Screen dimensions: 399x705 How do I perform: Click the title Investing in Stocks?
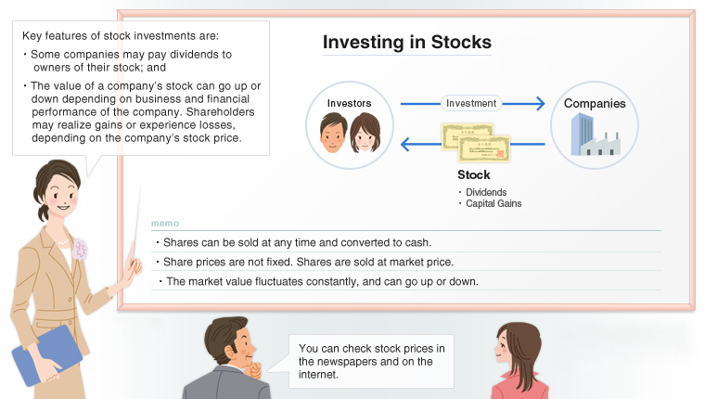pyautogui.click(x=406, y=43)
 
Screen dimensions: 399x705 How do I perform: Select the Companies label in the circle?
pyautogui.click(x=595, y=103)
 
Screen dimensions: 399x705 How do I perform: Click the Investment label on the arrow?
pyautogui.click(x=471, y=103)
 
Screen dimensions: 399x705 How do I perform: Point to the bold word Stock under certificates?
pyautogui.click(x=473, y=174)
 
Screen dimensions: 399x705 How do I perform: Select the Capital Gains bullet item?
pyautogui.click(x=492, y=203)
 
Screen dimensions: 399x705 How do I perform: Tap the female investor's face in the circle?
pyautogui.click(x=365, y=135)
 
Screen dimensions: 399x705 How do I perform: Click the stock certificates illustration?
pyautogui.click(x=475, y=143)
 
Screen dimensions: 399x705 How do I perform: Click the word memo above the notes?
pyautogui.click(x=164, y=224)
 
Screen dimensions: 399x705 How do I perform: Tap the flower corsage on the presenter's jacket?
pyautogui.click(x=81, y=249)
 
